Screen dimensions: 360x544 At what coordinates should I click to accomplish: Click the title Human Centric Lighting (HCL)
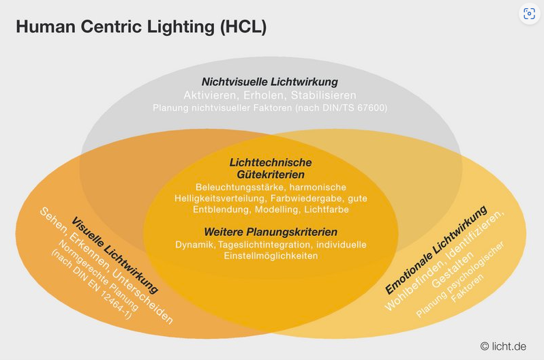coord(140,27)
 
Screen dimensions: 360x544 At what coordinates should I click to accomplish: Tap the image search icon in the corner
coord(530,14)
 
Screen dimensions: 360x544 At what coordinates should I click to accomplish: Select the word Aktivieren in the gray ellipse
coord(209,95)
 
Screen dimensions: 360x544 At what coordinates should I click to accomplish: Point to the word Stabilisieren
coord(322,95)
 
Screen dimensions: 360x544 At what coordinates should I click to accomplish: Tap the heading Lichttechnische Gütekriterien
coord(271,168)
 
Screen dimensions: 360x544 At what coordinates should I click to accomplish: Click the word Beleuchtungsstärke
coord(238,187)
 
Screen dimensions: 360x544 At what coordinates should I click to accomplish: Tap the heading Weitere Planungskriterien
coord(271,232)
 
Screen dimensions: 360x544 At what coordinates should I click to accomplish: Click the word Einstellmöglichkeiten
coord(271,256)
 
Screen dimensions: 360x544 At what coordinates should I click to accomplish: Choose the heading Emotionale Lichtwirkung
coord(436,250)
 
